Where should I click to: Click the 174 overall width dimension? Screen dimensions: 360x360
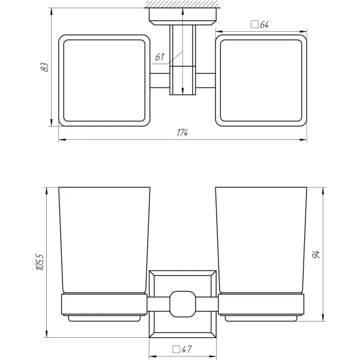pos(182,133)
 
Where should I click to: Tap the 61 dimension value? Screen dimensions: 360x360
pos(159,57)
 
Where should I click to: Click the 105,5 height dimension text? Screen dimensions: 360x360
pos(40,262)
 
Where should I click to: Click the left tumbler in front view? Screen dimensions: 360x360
pos(103,240)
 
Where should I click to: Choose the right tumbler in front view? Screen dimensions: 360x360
pos(260,240)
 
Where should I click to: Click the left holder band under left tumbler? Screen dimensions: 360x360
pos(103,304)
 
